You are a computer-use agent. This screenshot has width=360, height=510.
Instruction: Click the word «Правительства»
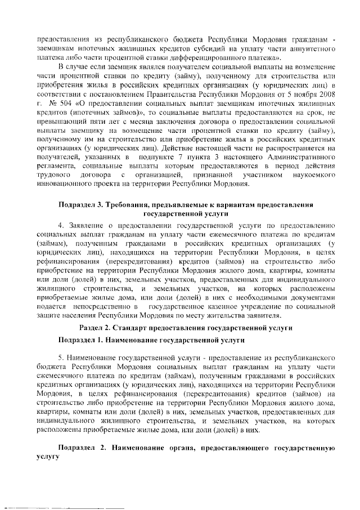183,95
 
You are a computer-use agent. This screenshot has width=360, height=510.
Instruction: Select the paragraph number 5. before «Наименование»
61,357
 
